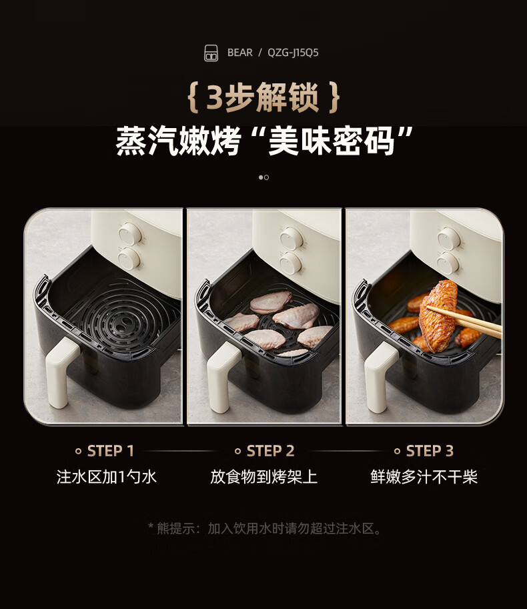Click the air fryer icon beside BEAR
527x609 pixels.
click(x=211, y=53)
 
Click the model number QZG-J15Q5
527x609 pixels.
click(x=293, y=53)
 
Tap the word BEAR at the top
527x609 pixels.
click(x=239, y=53)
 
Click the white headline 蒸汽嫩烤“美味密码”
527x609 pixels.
click(x=263, y=141)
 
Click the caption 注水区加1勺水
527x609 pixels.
click(x=106, y=476)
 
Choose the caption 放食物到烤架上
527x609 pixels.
click(x=263, y=476)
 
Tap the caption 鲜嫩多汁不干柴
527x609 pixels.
click(x=424, y=476)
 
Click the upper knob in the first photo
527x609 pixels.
click(x=129, y=234)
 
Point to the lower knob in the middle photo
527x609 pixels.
click(x=291, y=263)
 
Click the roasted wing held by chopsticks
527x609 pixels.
click(x=439, y=315)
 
